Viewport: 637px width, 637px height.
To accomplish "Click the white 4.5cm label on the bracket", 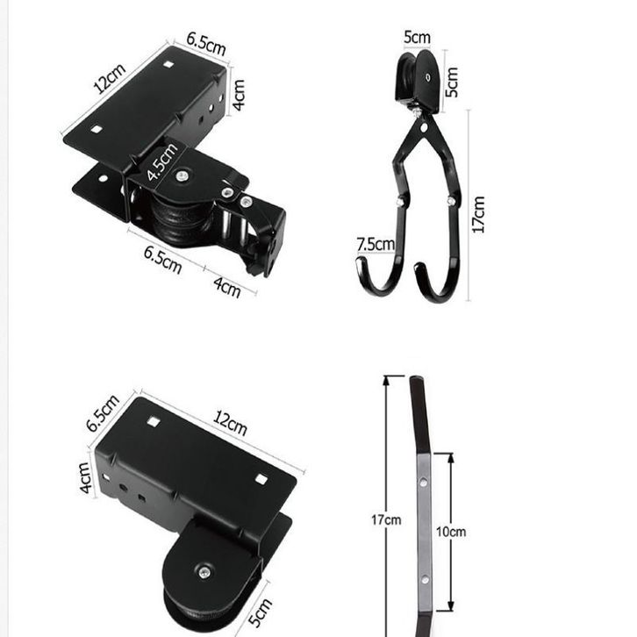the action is pos(162,162).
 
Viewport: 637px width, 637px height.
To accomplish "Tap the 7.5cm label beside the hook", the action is pos(376,245).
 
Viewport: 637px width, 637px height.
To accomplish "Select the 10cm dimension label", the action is pos(451,532).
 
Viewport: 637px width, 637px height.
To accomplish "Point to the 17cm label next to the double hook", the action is pos(478,214).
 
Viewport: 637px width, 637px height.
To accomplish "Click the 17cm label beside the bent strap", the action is pos(386,520).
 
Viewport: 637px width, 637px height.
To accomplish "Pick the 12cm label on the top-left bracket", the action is pos(110,78).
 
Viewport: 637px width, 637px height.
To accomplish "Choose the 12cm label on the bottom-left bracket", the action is pos(231,423).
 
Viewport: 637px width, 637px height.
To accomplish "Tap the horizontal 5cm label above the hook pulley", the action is pos(418,38).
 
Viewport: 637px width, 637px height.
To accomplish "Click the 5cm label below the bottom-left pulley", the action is pos(260,612).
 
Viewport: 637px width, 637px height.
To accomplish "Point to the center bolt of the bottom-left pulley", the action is pos(204,572).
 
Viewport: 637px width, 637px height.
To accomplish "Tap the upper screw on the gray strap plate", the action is pos(423,483).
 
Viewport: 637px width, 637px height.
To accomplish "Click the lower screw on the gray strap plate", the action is pos(425,580).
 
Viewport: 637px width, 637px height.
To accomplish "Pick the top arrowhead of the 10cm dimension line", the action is pos(450,458).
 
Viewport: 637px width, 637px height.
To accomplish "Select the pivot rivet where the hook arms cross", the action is pos(424,128).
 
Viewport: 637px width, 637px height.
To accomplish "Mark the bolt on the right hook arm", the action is pos(451,200).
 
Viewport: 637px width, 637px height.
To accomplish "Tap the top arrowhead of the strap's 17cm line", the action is pos(386,381).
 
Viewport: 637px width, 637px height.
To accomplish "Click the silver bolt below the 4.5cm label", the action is pos(182,176).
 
